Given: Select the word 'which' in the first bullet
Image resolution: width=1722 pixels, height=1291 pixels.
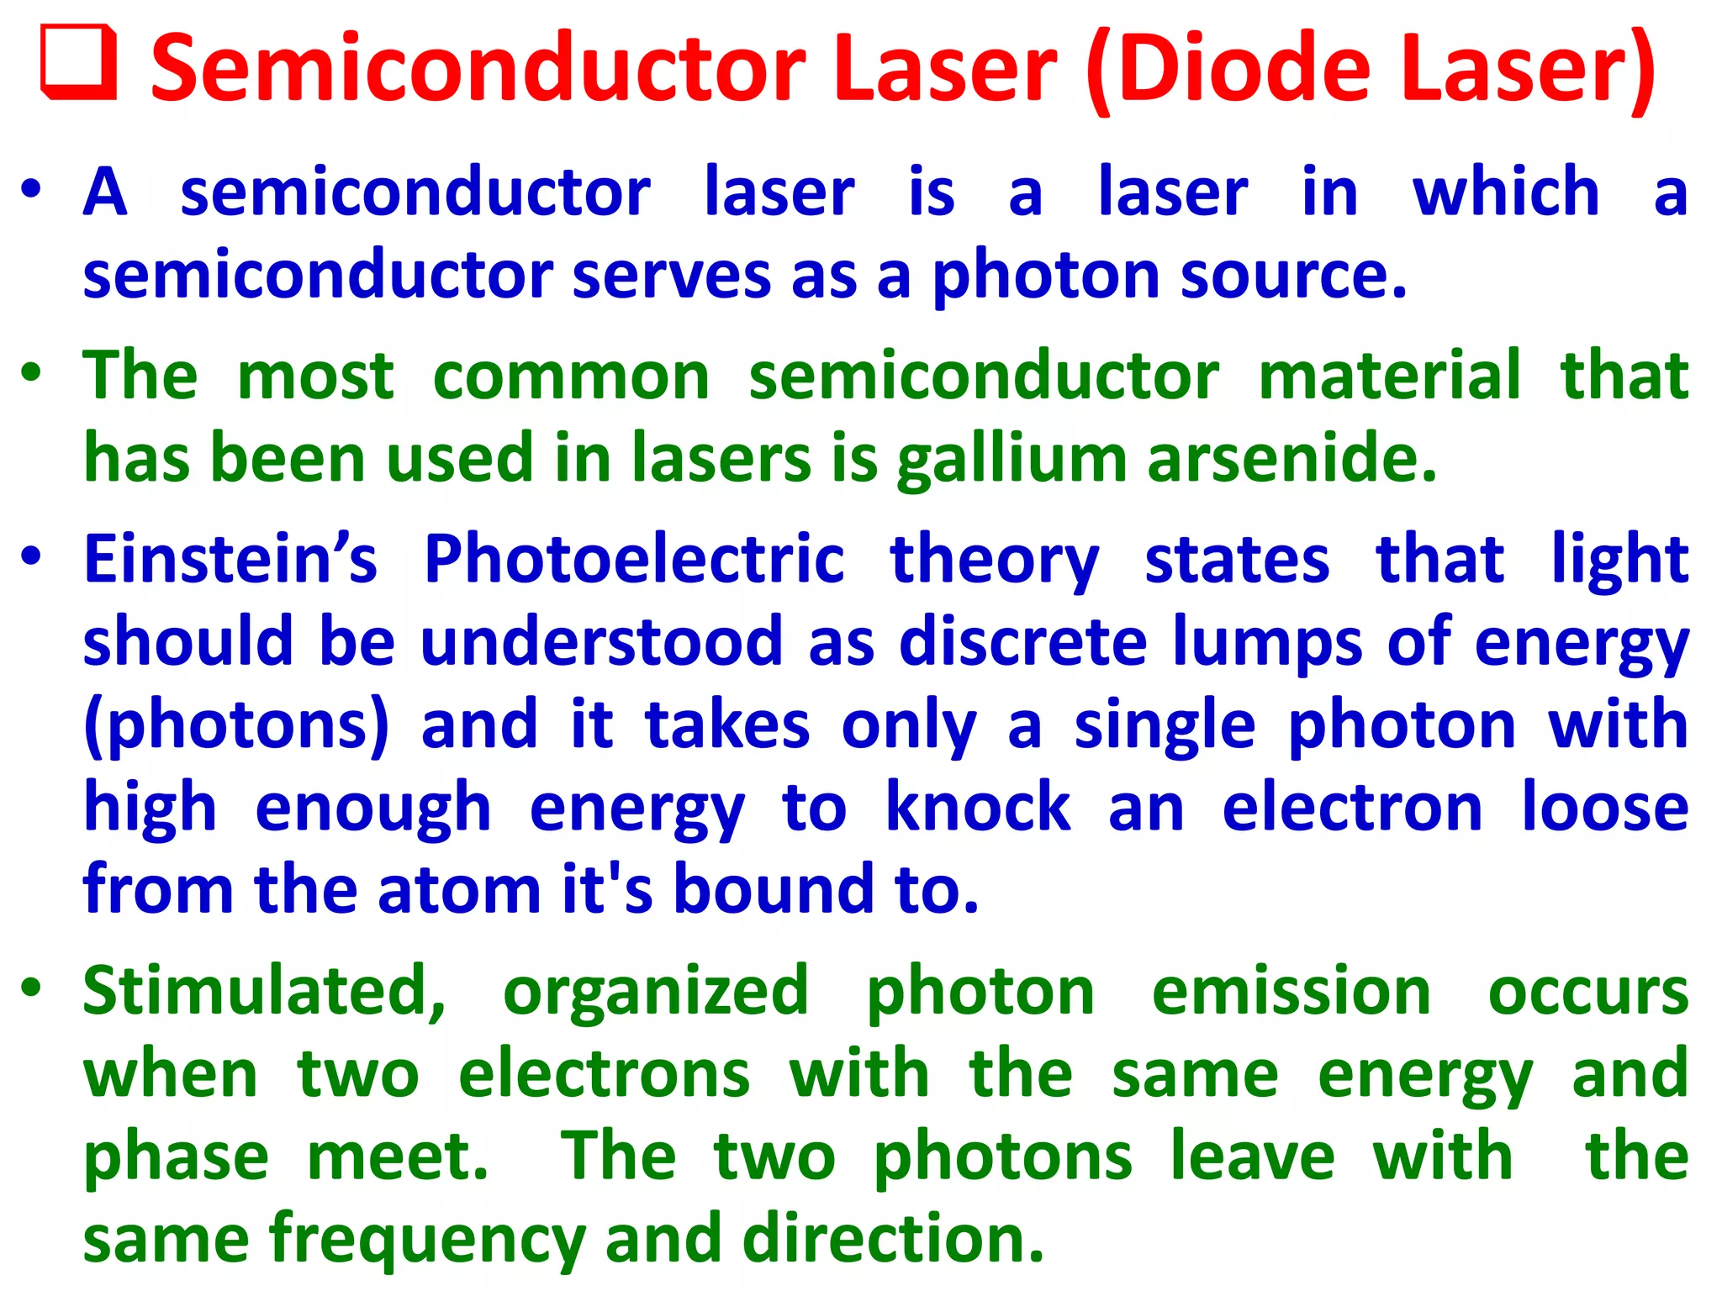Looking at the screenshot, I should [x=1505, y=192].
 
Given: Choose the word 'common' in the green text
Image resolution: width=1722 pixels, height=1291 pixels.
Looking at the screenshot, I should [x=571, y=375].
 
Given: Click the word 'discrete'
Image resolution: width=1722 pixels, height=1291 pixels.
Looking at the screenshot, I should [x=1022, y=641].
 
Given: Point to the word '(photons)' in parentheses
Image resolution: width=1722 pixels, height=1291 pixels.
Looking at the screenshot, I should [x=237, y=725].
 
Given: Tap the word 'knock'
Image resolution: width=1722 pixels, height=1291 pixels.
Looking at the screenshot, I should [x=978, y=807].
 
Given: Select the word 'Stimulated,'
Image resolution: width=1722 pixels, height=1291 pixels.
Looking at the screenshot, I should [x=264, y=992].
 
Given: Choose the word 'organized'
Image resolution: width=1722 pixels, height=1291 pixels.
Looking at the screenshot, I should [x=656, y=992].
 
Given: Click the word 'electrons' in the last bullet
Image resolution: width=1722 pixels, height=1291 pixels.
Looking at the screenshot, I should [x=604, y=1074].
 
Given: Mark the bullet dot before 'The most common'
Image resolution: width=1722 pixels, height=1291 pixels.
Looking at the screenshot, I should [x=31, y=372].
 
